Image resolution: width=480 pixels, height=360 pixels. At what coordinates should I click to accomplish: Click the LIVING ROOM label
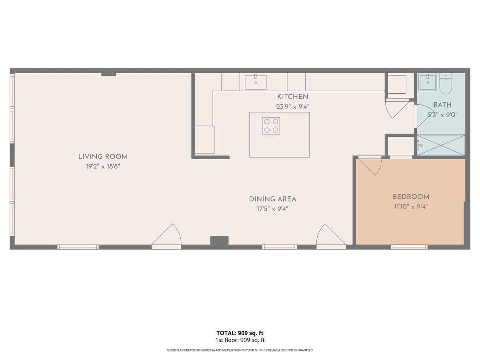pos(103,156)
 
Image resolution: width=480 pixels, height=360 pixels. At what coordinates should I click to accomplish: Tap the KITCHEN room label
pos(292,97)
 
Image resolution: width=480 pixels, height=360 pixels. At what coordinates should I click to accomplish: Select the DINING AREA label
pos(272,199)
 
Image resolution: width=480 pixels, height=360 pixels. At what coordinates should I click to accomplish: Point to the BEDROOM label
pos(411,197)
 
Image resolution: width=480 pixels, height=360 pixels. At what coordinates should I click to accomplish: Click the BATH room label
pos(443,105)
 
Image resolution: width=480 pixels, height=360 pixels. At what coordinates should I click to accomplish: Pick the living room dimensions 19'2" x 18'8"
pos(103,166)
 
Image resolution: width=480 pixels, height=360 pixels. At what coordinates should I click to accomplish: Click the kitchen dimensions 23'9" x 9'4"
pos(292,107)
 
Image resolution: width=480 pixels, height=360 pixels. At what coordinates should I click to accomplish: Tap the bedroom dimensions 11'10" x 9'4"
pos(411,206)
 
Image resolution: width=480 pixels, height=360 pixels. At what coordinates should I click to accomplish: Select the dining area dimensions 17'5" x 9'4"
pos(272,209)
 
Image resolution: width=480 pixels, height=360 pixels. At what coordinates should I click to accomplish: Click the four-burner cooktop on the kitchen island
pos(271,126)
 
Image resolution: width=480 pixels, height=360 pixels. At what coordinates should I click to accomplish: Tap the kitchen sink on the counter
pos(256,82)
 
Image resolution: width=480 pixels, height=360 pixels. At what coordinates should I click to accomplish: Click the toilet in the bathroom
pos(446,84)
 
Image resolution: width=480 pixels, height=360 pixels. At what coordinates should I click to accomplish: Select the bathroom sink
pos(428,82)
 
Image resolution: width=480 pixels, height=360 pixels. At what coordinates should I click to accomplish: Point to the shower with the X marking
pos(441,145)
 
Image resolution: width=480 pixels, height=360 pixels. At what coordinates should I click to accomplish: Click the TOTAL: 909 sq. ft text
pos(240,333)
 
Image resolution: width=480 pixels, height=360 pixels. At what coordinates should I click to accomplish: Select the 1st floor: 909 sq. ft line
pos(240,340)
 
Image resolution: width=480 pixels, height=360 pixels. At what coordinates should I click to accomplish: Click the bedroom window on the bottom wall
pos(409,247)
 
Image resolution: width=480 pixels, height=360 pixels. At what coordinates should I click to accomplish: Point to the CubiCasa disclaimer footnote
pos(240,350)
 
